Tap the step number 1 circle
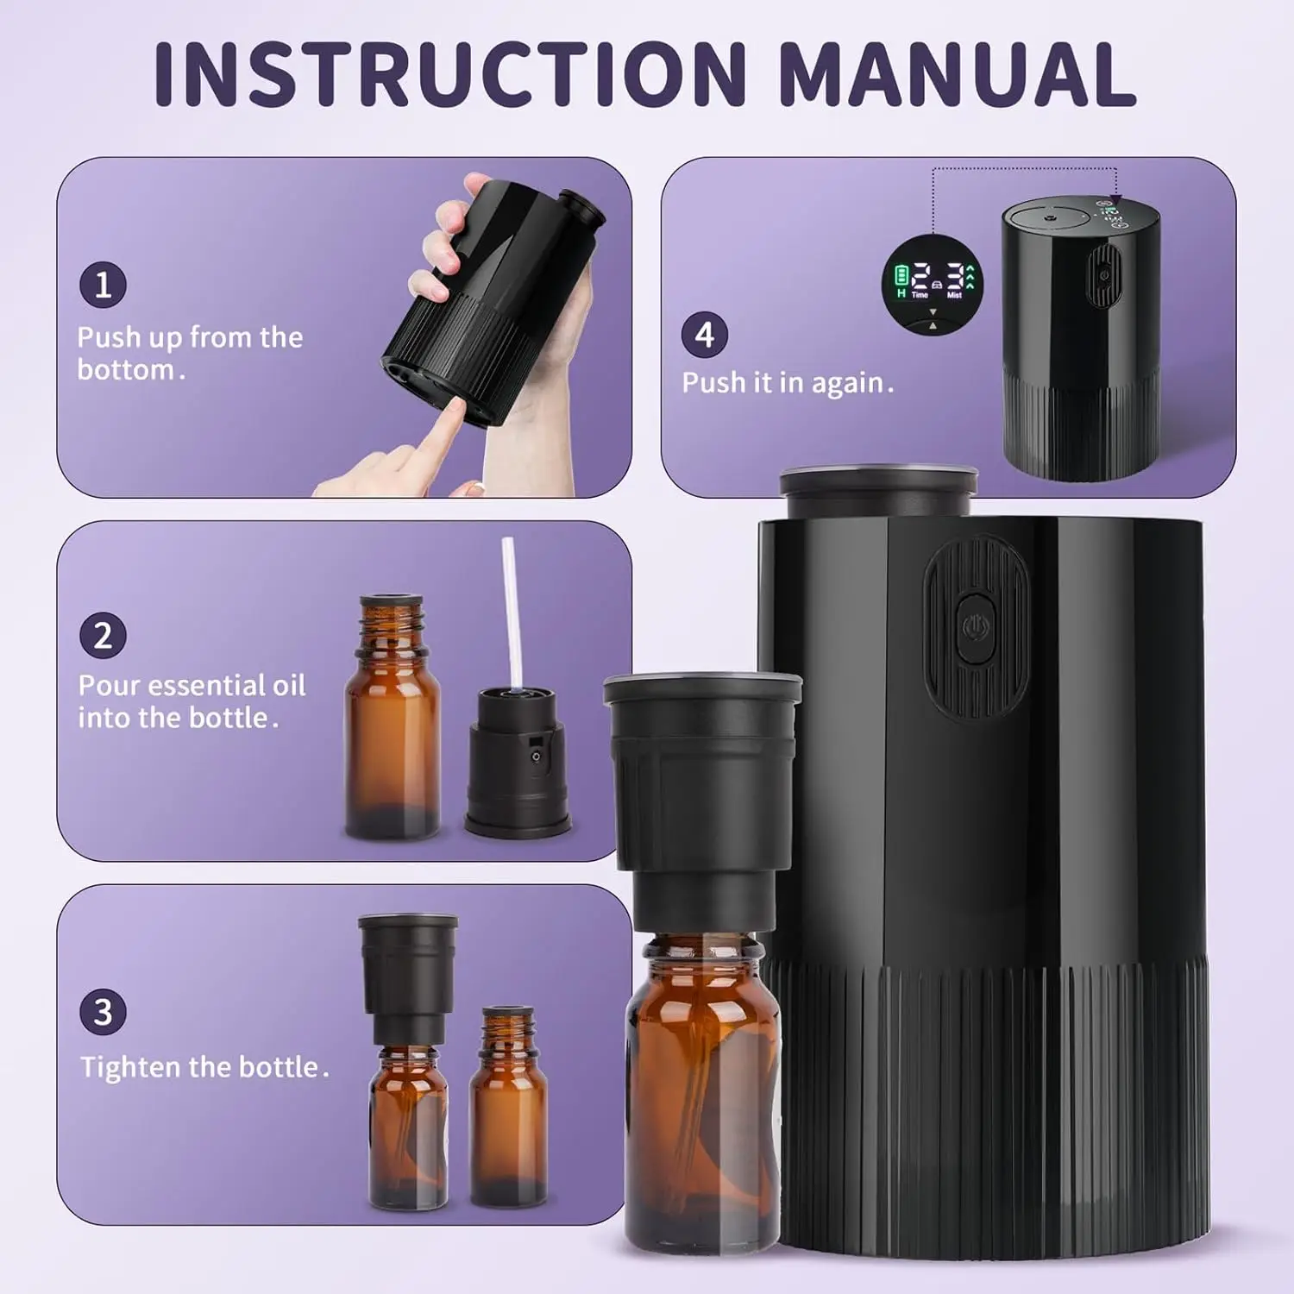pos(103,286)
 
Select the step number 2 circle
pos(103,636)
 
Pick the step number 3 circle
pos(103,1012)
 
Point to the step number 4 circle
pos(705,335)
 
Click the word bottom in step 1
pos(126,370)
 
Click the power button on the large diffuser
pos(976,627)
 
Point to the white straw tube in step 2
pos(512,612)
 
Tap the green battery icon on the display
pos(901,276)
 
